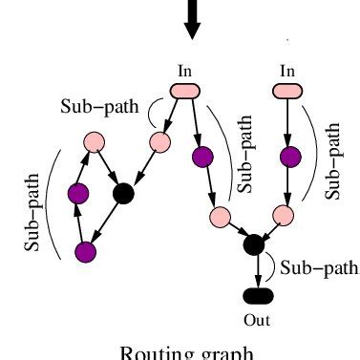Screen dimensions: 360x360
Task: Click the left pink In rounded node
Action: click(184, 91)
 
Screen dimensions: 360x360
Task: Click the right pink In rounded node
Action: click(288, 91)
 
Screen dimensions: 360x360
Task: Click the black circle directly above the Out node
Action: click(253, 244)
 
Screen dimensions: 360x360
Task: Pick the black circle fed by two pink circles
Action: click(123, 194)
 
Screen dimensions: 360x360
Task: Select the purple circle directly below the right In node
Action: click(288, 155)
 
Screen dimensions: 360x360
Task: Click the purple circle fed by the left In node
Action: click(202, 155)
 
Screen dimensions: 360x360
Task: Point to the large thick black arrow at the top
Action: click(192, 19)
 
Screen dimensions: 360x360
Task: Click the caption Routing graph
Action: click(186, 351)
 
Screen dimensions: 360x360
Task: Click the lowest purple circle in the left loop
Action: click(86, 252)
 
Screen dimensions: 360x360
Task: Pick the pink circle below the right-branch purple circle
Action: click(281, 214)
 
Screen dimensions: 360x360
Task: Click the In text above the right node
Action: click(288, 71)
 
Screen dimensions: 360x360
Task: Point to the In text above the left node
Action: click(186, 71)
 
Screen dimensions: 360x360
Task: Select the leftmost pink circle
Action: click(94, 143)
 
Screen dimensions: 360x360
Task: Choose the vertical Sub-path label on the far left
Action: click(33, 213)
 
